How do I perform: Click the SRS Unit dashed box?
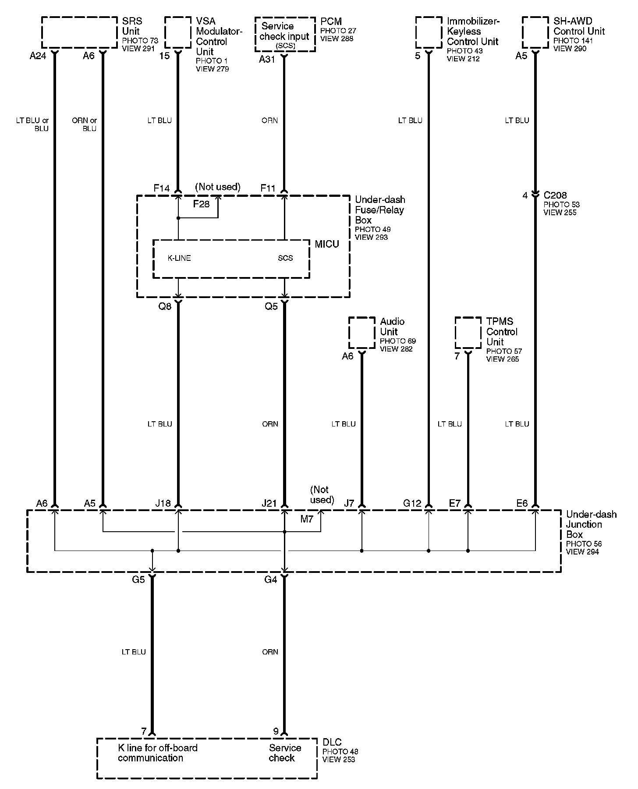pyautogui.click(x=79, y=32)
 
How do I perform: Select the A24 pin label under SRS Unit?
pyautogui.click(x=38, y=56)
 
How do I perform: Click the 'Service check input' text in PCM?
pyautogui.click(x=285, y=32)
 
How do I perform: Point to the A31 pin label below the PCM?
pyautogui.click(x=267, y=59)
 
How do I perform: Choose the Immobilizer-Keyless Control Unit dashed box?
pyautogui.click(x=429, y=32)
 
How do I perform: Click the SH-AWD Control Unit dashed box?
pyautogui.click(x=535, y=32)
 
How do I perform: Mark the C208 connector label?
pyautogui.click(x=555, y=195)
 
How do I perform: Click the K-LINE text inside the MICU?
pyautogui.click(x=179, y=258)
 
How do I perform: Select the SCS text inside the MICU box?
pyautogui.click(x=285, y=258)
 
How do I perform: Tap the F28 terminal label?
pyautogui.click(x=202, y=204)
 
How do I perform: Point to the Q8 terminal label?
pyautogui.click(x=165, y=306)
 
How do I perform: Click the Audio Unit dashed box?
pyautogui.click(x=362, y=333)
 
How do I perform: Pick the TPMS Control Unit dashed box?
pyautogui.click(x=468, y=333)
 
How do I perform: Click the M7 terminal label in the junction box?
pyautogui.click(x=307, y=519)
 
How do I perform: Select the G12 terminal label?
pyautogui.click(x=412, y=504)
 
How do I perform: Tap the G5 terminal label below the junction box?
pyautogui.click(x=138, y=579)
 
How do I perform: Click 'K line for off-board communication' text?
pyautogui.click(x=158, y=753)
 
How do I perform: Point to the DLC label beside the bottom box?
pyautogui.click(x=332, y=743)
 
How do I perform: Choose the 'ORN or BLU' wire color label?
pyautogui.click(x=84, y=124)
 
